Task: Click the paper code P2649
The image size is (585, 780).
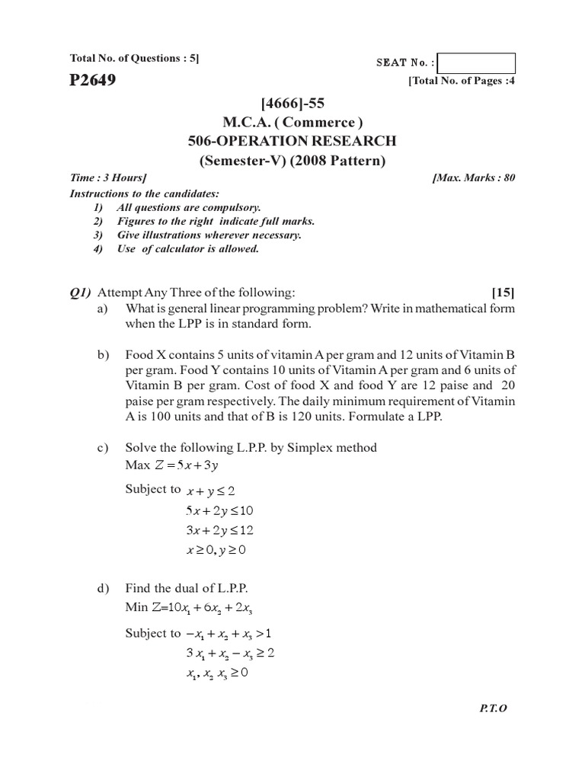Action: coord(93,80)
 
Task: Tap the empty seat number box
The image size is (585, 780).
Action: coord(477,63)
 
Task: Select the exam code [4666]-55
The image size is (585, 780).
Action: coord(292,104)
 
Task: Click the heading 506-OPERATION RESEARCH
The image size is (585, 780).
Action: coord(292,141)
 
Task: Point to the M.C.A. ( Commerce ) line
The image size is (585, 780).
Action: coord(292,122)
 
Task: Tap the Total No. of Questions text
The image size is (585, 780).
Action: coord(134,58)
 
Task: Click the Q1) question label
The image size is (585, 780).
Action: coord(80,292)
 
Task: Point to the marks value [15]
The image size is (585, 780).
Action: coord(503,292)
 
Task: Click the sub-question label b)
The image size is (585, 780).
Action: coord(104,356)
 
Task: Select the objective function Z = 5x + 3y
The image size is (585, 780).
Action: coord(175,465)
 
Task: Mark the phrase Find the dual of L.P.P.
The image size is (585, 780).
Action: coord(187,589)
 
